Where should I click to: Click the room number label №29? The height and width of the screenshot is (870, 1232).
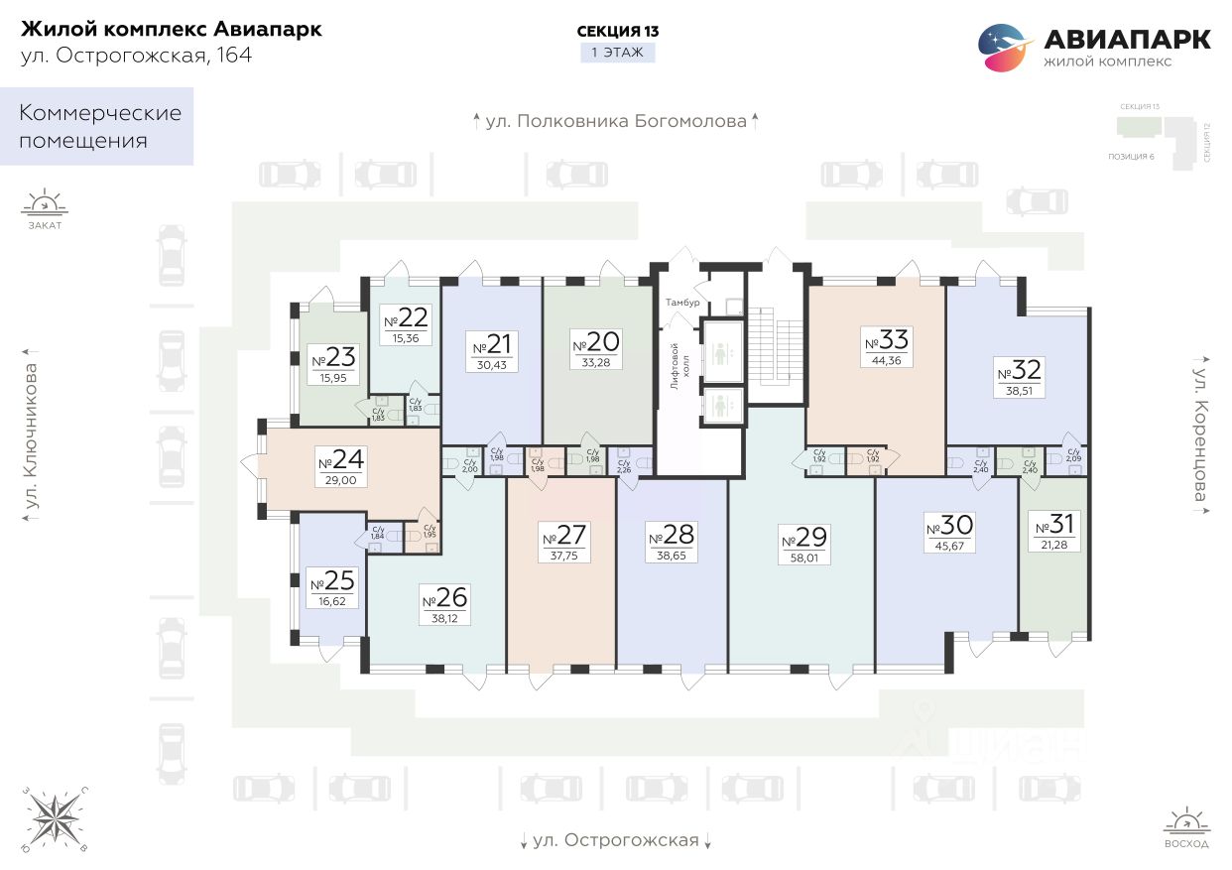[802, 538]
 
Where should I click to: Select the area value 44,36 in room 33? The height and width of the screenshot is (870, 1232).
[887, 361]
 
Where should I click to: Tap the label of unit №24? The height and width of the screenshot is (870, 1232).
[341, 460]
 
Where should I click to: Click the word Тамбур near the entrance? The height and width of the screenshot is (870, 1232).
[683, 302]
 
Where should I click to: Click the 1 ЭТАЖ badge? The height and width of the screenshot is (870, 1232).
[617, 53]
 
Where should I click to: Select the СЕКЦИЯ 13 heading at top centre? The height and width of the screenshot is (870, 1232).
[617, 31]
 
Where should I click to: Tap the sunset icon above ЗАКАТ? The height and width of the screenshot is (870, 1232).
[45, 203]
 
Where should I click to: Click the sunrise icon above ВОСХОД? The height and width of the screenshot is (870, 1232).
[1186, 822]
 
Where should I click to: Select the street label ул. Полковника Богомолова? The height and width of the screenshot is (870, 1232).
[616, 122]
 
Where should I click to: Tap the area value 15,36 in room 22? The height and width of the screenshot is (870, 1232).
[405, 338]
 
